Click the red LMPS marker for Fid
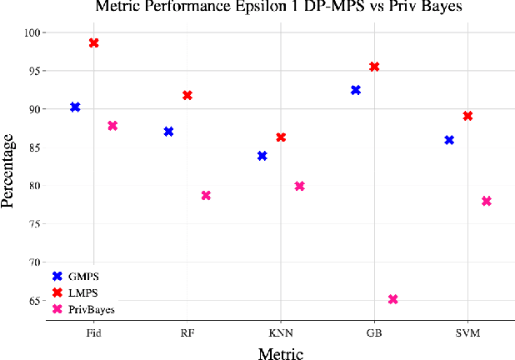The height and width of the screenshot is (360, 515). coord(93,43)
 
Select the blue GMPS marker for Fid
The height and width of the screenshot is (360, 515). coord(75,107)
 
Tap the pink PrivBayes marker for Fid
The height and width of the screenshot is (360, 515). coord(112,126)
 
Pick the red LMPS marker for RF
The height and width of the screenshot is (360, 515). coord(187,96)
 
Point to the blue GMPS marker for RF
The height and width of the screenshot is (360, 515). coord(168,132)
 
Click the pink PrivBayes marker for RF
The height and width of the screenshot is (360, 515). coord(206,196)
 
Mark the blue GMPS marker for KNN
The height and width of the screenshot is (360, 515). coord(262,156)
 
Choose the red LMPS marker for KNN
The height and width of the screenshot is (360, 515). coord(281,137)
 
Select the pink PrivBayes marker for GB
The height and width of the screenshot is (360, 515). coord(392,299)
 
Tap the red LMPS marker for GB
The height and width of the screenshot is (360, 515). coord(374,67)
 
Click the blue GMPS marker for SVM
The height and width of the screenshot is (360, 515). coord(449,140)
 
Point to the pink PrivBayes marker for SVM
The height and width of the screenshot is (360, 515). coord(487,202)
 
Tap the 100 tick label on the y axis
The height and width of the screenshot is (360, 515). coord(31,32)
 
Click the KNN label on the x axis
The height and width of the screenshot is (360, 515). coord(281,333)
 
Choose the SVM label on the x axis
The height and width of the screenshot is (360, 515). coord(467,333)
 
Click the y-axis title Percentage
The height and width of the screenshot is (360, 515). coord(10,167)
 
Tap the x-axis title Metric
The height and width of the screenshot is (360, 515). coord(280,352)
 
